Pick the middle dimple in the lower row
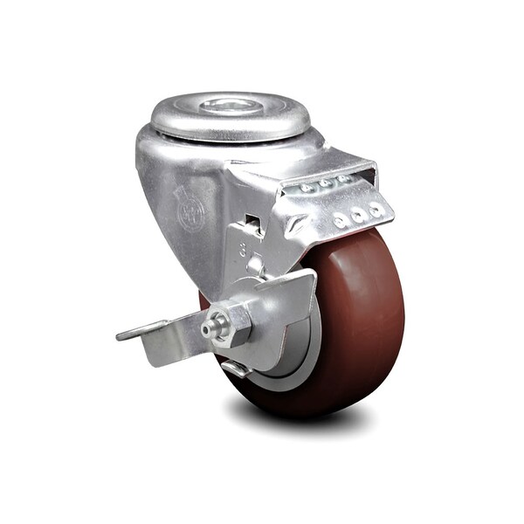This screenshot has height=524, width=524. pos(357,215)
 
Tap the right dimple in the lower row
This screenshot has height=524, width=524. pos(376,209)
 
